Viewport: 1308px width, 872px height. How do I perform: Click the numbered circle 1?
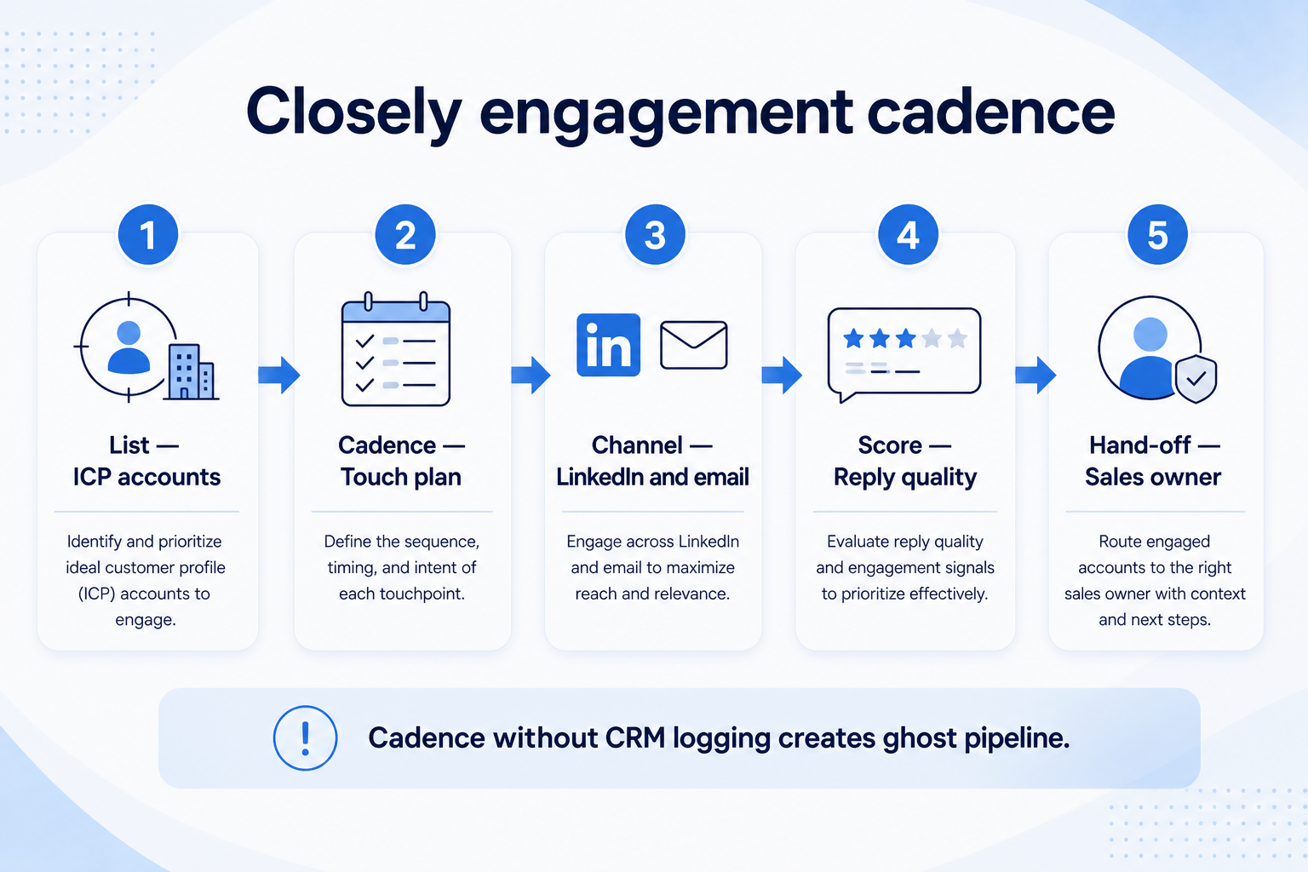click(x=147, y=235)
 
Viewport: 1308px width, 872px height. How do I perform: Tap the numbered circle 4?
click(x=908, y=235)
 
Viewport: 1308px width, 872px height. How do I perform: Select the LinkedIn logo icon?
click(x=609, y=345)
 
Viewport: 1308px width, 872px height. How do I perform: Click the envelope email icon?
click(x=694, y=345)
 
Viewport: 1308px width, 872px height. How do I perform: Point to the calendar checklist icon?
click(x=396, y=348)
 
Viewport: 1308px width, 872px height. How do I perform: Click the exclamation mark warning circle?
click(x=306, y=738)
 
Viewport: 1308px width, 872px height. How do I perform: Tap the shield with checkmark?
click(x=1196, y=378)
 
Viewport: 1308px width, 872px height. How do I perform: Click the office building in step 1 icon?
click(x=191, y=372)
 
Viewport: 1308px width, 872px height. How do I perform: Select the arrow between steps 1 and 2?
click(x=279, y=375)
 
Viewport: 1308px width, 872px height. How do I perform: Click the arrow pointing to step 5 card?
click(x=1035, y=375)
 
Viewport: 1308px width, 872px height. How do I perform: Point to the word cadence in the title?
click(x=991, y=111)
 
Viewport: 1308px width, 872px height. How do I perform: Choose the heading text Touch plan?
click(x=401, y=477)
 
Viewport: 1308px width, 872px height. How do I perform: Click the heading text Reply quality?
click(x=905, y=478)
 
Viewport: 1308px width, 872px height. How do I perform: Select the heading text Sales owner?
click(x=1153, y=477)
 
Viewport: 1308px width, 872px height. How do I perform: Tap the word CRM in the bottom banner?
click(x=635, y=737)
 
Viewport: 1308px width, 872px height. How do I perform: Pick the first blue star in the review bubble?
click(x=854, y=338)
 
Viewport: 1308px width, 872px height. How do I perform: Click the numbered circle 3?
click(x=655, y=235)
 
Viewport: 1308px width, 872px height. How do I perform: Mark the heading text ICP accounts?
click(x=146, y=477)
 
